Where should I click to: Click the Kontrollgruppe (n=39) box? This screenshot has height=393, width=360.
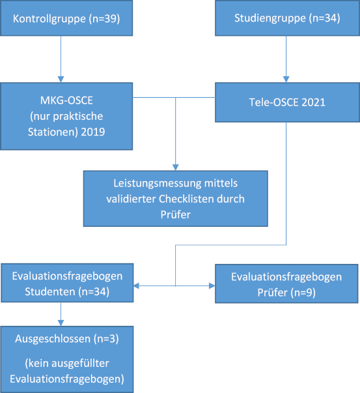66,18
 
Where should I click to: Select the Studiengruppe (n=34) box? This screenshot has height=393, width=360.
287,18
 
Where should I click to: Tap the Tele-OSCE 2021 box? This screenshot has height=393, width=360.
287,102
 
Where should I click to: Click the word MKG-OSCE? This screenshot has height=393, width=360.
66,100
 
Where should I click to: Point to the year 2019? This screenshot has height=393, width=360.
93,132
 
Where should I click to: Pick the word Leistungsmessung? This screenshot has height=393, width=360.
157,184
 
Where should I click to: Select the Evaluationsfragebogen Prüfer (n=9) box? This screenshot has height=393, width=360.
286,284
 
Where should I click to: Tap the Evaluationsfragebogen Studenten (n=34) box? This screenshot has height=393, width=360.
67,283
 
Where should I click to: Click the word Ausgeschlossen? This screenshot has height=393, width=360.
53,339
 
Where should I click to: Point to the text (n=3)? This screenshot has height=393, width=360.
106,339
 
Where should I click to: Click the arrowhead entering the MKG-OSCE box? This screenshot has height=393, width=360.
61,80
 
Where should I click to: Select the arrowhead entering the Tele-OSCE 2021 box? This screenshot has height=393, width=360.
286,80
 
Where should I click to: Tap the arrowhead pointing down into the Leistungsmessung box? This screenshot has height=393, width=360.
176,167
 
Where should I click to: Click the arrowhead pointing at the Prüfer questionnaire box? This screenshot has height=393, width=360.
212,285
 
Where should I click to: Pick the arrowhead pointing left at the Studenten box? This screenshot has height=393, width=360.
136,285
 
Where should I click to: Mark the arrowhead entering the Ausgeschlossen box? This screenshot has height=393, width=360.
61,323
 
